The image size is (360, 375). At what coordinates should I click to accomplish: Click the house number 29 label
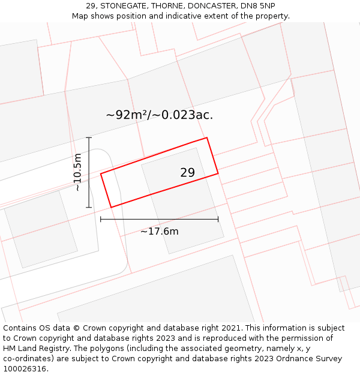tap(187, 173)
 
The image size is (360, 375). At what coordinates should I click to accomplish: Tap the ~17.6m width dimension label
tap(160, 232)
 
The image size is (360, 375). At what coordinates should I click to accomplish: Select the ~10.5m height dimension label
tap(77, 172)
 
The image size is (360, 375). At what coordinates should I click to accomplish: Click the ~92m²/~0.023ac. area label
tap(160, 115)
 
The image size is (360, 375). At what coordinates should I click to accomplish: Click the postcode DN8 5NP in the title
tap(259, 6)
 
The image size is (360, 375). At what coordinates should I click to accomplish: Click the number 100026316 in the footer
tap(24, 369)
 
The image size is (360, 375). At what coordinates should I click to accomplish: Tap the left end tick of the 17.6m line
tap(101, 219)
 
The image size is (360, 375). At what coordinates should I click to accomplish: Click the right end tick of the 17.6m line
tap(218, 219)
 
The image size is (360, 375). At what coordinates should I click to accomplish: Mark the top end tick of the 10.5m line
tap(89, 137)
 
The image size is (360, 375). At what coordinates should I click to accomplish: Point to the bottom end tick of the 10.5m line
tap(89, 208)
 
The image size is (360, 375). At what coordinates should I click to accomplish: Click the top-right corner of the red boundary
tap(207, 138)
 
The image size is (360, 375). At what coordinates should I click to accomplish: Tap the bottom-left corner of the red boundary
tap(111, 208)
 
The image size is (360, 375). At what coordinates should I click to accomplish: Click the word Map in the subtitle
tap(80, 16)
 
